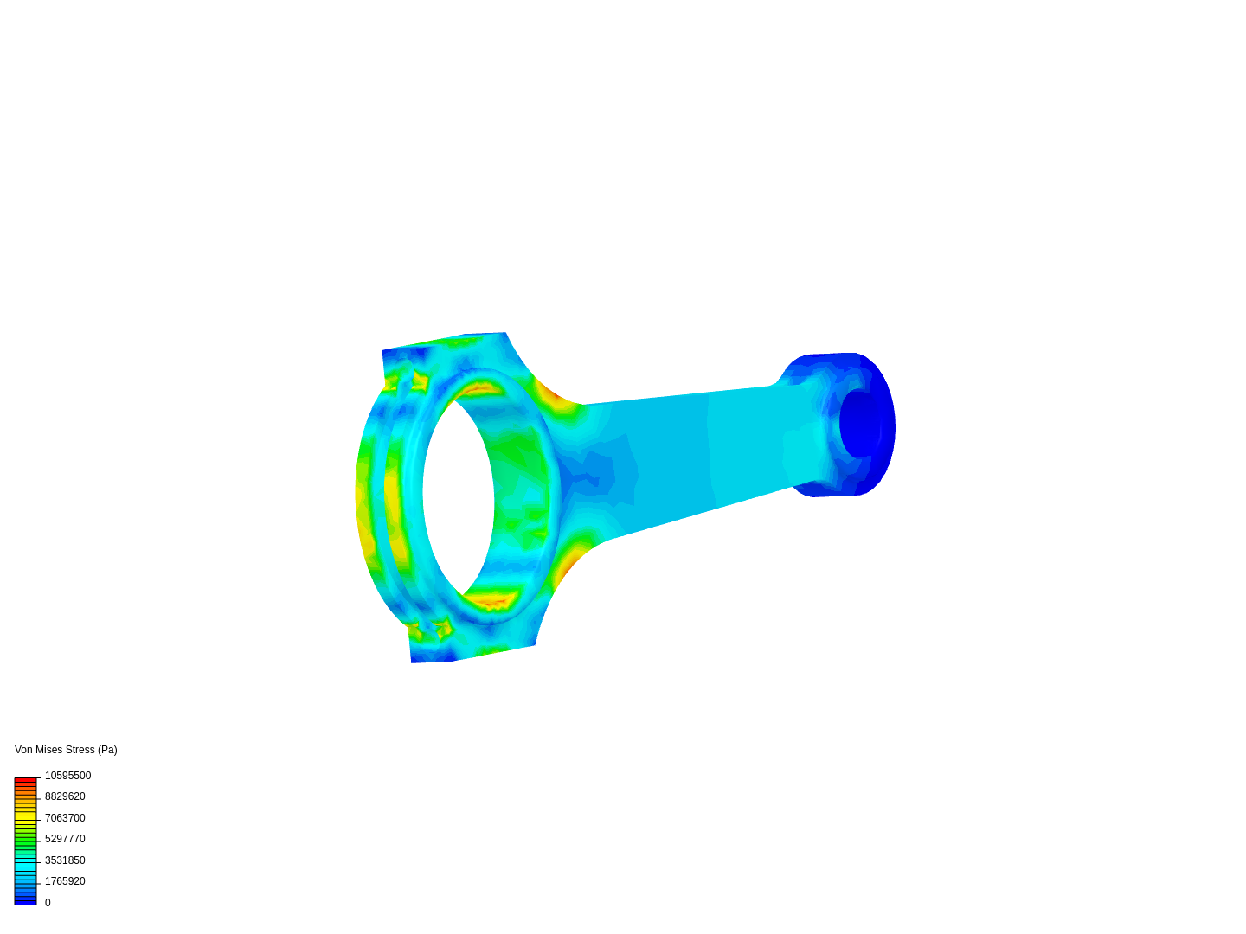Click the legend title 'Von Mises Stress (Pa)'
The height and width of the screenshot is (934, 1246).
point(66,750)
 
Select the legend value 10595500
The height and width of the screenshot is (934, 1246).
point(67,776)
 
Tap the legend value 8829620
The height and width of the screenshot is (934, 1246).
point(65,796)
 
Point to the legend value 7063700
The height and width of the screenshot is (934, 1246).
point(65,818)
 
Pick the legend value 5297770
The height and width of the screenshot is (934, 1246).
point(65,839)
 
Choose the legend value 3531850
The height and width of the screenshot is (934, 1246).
point(65,860)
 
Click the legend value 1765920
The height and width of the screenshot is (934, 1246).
point(65,882)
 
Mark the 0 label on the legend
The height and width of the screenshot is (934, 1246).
point(48,903)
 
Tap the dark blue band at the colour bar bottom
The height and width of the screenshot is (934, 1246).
point(26,901)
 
